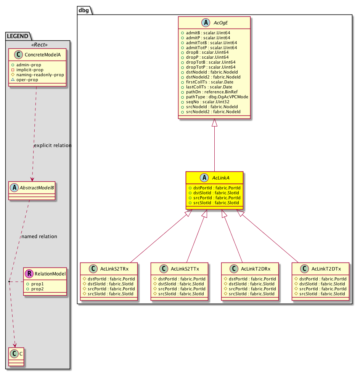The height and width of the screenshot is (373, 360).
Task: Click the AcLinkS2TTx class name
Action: point(184,269)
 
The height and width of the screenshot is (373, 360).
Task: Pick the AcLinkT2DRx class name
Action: point(255,269)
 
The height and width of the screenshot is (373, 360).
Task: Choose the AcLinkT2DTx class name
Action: point(326,269)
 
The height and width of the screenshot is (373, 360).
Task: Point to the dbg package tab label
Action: point(83,10)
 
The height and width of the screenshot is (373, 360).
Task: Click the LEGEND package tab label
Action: point(18,36)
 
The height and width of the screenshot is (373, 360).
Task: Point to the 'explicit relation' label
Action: point(53,146)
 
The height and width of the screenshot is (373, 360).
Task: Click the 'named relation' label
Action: point(39,236)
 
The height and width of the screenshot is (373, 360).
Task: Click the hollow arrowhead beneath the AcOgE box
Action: point(215,123)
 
